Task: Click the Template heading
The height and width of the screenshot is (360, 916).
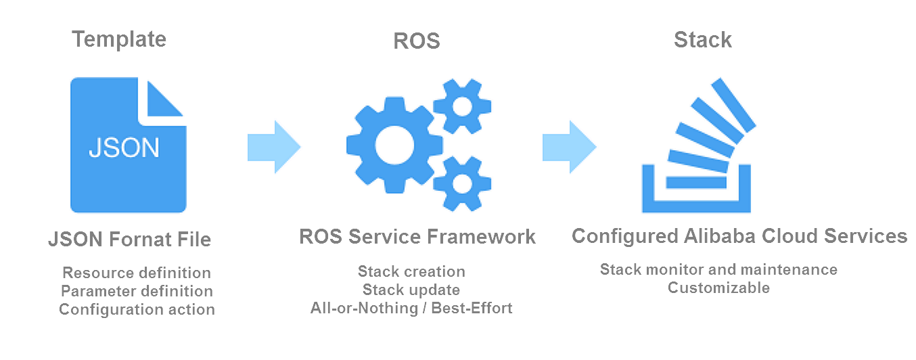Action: click(x=119, y=40)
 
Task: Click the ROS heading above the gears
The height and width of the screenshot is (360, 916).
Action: click(x=417, y=41)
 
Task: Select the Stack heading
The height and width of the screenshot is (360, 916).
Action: click(x=702, y=40)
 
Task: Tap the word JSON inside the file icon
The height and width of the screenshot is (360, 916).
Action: click(x=124, y=148)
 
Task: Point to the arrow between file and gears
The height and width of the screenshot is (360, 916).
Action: click(x=274, y=147)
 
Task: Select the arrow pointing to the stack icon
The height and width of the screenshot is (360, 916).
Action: click(x=569, y=147)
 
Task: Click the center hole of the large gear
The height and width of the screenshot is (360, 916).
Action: click(x=394, y=145)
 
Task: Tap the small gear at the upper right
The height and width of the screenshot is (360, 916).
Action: click(x=462, y=106)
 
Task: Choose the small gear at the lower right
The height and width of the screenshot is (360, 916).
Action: click(x=462, y=183)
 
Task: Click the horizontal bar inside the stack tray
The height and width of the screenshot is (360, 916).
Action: click(x=696, y=183)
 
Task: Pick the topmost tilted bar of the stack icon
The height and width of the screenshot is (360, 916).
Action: click(x=733, y=105)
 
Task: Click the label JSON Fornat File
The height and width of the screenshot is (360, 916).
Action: click(x=130, y=240)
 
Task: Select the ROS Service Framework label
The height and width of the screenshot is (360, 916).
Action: click(x=417, y=236)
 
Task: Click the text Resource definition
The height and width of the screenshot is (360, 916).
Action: click(x=137, y=273)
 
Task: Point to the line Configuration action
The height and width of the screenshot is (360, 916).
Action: click(x=137, y=309)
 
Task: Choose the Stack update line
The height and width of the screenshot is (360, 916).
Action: click(x=411, y=290)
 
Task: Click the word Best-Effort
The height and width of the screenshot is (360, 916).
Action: click(x=472, y=308)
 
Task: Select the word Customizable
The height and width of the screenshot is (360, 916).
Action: click(x=718, y=288)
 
